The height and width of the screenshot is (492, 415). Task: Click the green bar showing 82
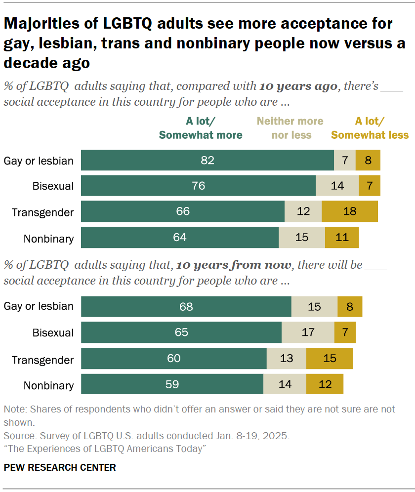click(207, 161)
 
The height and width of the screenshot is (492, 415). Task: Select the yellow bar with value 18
click(349, 211)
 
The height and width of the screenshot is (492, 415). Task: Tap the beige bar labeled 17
click(308, 332)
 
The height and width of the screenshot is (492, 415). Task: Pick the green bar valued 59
click(172, 384)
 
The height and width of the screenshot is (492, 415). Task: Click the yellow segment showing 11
click(341, 238)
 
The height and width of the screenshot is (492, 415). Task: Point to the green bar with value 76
click(198, 186)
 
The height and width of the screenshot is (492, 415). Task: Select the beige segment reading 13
click(287, 358)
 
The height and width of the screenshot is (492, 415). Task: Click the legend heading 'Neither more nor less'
click(290, 128)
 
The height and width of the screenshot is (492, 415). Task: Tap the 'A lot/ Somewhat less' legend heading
click(370, 128)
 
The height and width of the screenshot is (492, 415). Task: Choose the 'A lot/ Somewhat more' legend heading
click(201, 128)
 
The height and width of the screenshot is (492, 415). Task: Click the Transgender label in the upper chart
click(43, 212)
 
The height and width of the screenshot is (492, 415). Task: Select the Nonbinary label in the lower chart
click(48, 385)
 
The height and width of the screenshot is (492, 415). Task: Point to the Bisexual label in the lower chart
click(53, 333)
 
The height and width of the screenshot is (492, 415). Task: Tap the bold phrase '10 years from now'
click(233, 265)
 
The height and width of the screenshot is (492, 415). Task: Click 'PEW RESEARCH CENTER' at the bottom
click(60, 467)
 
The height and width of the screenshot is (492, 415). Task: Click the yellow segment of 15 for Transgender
click(330, 358)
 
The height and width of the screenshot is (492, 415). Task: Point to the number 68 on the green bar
click(186, 307)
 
